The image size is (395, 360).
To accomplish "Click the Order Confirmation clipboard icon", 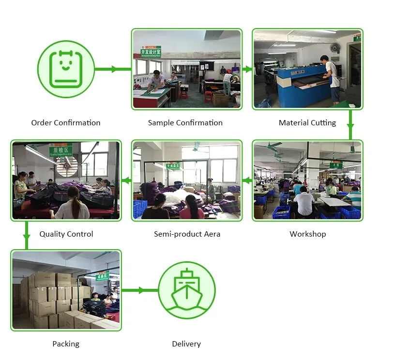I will [65, 69].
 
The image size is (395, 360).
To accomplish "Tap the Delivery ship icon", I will [186, 290].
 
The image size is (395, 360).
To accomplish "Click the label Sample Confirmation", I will [185, 123].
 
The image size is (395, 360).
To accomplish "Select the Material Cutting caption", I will [307, 123].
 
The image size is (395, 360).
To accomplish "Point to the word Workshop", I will [308, 234].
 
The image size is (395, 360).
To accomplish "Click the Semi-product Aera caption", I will [187, 234].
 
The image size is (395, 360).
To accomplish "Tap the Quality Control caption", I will [66, 234].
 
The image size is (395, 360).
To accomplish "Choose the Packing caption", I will [66, 344].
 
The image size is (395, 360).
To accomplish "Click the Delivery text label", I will [186, 344].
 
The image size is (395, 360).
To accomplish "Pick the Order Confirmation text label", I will [66, 123].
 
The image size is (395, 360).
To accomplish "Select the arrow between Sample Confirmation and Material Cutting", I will [247, 69].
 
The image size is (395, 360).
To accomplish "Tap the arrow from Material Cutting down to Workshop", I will [350, 125].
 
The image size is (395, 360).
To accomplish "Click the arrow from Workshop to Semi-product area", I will [247, 181].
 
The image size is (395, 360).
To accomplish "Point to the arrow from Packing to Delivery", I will [139, 290].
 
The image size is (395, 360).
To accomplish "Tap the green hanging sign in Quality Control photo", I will [61, 150].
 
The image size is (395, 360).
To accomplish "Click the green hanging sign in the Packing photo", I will [103, 277].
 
